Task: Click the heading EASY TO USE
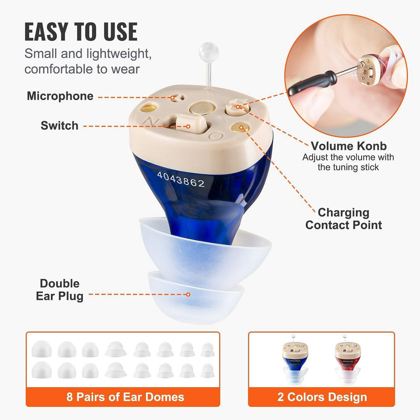point(81,31)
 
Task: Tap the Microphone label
point(60,96)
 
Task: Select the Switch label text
point(59,126)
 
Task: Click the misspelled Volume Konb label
point(348,146)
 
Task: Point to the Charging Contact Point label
point(344,219)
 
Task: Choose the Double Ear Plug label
point(59,290)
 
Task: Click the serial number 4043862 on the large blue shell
point(181,180)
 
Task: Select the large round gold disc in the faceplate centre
point(202,109)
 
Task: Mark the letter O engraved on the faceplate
point(216,136)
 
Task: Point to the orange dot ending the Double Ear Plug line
point(188,294)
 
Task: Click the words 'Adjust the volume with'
point(348,157)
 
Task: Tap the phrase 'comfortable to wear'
point(82,69)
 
